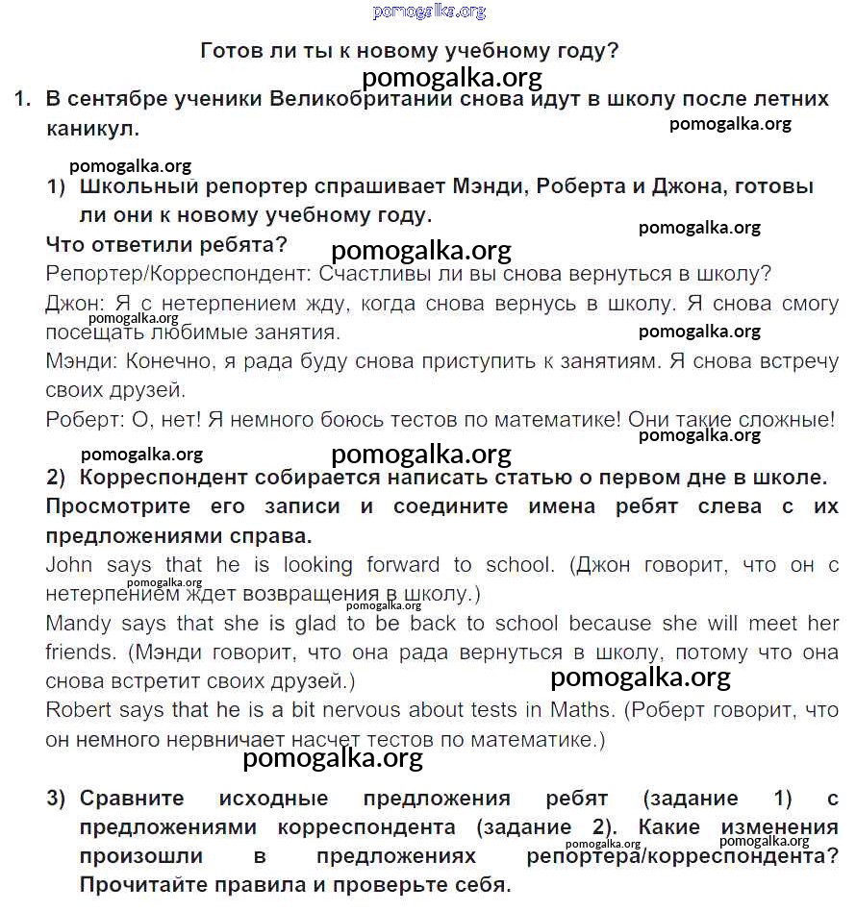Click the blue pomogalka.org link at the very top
[429, 12]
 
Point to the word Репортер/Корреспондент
[173, 274]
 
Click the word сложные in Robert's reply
[793, 420]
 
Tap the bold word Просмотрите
[119, 506]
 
